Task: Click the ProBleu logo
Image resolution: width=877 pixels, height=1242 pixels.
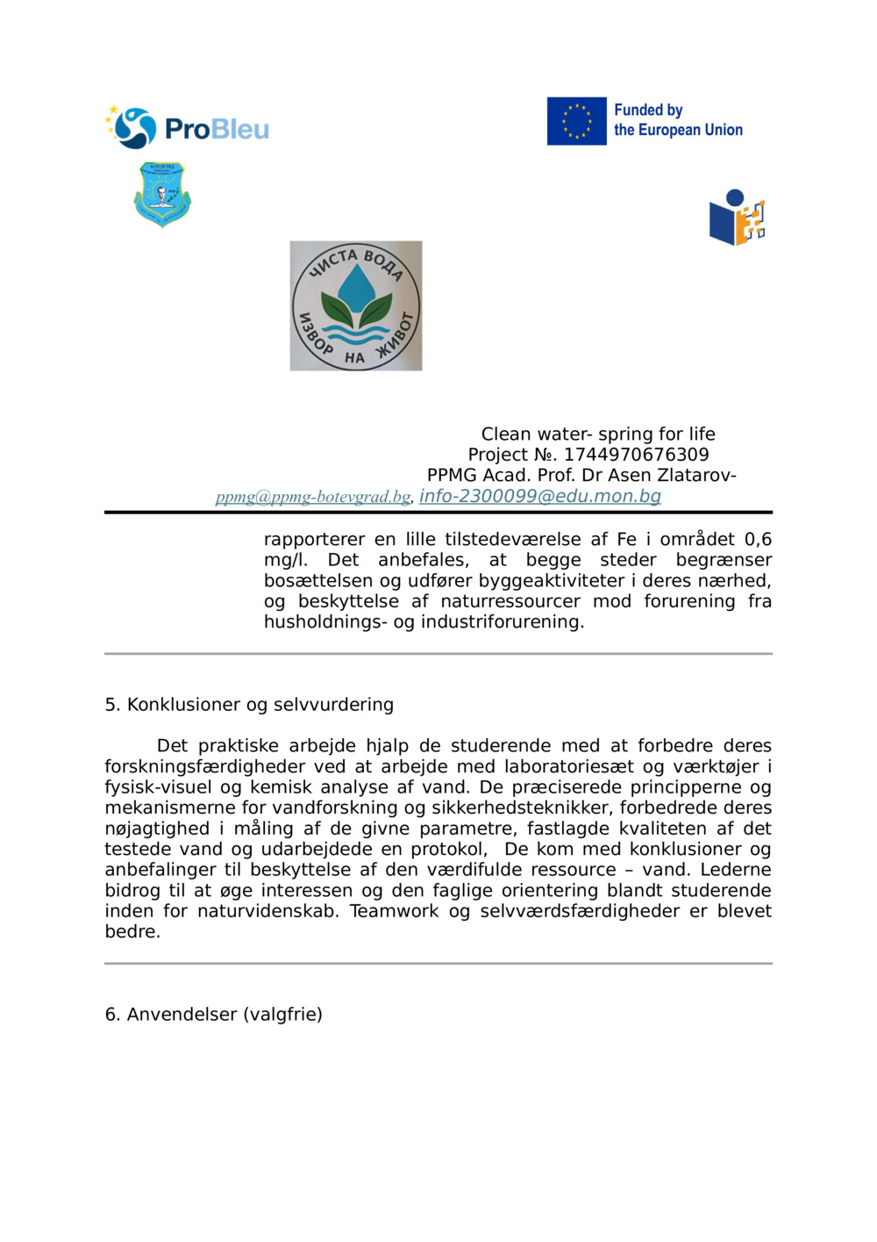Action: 187,128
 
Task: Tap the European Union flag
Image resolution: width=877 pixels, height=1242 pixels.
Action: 576,121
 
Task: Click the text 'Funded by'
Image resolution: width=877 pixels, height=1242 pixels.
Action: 648,110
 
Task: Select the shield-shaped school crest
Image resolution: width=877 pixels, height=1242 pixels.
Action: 162,194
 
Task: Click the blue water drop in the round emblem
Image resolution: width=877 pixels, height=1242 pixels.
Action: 356,286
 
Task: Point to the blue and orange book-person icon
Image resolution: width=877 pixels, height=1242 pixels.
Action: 737,218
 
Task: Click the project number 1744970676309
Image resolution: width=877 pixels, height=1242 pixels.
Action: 636,455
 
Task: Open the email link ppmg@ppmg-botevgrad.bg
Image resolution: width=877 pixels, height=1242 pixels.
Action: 313,497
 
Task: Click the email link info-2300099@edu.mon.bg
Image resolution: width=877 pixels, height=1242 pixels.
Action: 540,496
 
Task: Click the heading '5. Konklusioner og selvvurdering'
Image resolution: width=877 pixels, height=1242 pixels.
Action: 249,704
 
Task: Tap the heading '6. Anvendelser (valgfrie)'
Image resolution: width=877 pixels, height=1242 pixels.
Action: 213,1014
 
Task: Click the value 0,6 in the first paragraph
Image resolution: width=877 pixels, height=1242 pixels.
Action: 758,539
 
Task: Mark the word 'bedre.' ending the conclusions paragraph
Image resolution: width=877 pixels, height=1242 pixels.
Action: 132,931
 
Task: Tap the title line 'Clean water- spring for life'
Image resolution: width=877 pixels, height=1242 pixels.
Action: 598,434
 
